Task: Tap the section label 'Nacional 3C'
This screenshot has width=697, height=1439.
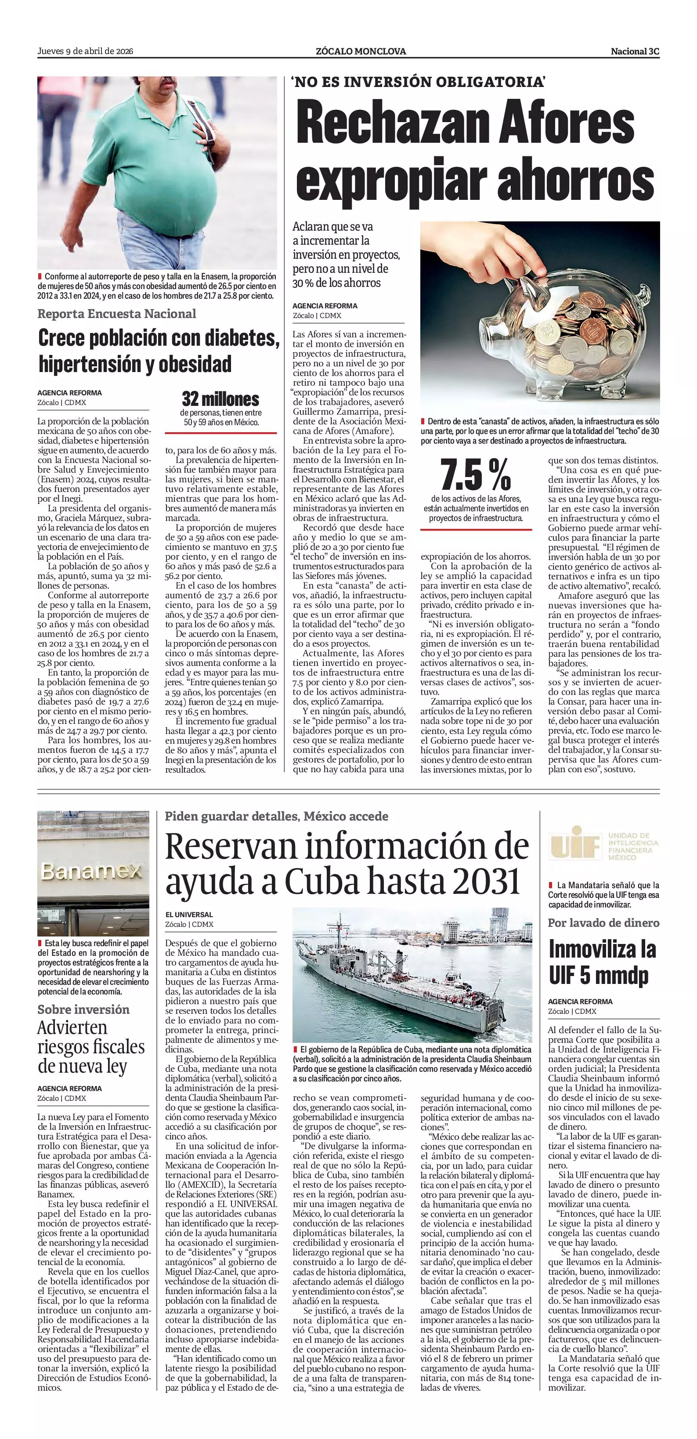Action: point(635,51)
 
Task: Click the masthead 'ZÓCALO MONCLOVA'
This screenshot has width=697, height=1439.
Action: point(361,51)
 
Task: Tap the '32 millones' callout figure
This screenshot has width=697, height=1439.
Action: point(220,399)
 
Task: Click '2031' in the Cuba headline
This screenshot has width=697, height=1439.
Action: point(487,882)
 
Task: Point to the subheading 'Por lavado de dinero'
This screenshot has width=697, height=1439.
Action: point(603,923)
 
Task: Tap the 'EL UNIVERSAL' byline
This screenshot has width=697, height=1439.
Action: point(189,915)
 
